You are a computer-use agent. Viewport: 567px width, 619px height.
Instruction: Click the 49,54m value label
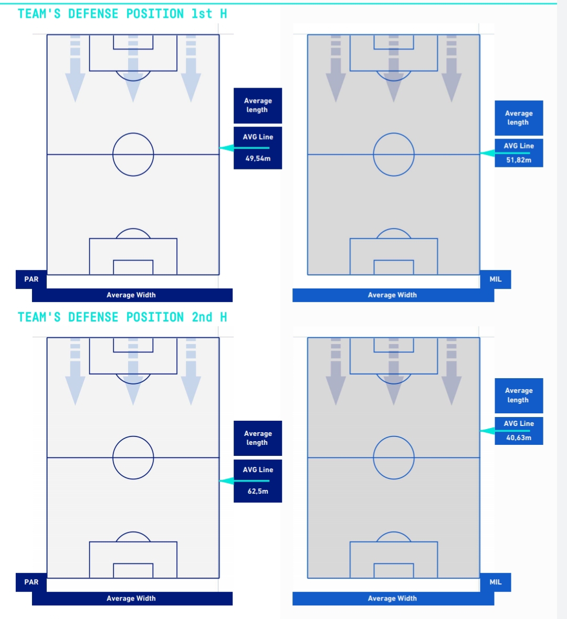click(258, 158)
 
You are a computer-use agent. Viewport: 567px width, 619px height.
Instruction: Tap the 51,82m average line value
click(519, 160)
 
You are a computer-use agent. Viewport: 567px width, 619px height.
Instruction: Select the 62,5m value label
click(258, 492)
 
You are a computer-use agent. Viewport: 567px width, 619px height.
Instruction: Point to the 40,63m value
click(519, 437)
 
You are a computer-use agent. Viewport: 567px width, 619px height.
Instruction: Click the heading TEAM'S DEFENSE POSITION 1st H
click(122, 14)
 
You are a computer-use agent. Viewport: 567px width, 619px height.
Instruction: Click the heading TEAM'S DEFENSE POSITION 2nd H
click(122, 317)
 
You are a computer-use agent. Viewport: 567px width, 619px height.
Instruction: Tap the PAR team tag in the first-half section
click(31, 279)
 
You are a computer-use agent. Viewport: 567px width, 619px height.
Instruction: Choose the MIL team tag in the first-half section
click(496, 279)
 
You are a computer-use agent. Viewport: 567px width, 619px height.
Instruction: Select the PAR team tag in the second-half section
click(31, 582)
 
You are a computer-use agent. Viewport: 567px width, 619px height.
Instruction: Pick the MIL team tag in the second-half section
click(496, 582)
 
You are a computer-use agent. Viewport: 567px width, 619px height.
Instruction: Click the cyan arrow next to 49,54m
click(227, 148)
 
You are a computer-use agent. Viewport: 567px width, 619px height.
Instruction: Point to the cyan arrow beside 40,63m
click(488, 431)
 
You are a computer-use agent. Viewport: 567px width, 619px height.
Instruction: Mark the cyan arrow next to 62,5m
click(227, 481)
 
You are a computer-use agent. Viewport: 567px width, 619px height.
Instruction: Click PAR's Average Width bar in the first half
click(132, 295)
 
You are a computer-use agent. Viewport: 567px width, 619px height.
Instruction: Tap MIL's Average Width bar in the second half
click(393, 599)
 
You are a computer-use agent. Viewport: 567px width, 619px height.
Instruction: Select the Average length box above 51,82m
click(519, 118)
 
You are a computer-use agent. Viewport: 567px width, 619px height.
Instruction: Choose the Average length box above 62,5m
click(258, 438)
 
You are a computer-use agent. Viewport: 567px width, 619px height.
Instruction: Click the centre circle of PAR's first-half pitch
click(133, 154)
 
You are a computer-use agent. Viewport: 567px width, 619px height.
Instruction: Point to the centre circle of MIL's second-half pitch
click(394, 457)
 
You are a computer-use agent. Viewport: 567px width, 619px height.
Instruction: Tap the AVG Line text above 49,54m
click(258, 137)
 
